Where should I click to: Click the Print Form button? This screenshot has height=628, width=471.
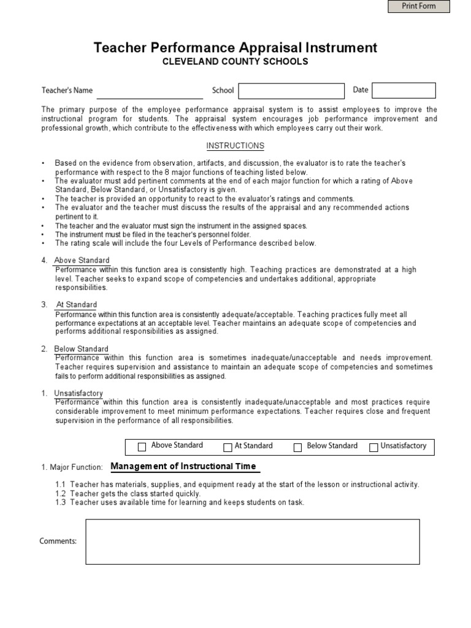pyautogui.click(x=419, y=6)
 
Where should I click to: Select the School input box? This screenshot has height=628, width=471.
pyautogui.click(x=291, y=91)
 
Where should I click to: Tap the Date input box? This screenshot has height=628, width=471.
pyautogui.click(x=404, y=91)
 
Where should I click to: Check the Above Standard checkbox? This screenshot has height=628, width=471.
pyautogui.click(x=142, y=447)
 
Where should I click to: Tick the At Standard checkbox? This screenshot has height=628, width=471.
pyautogui.click(x=228, y=447)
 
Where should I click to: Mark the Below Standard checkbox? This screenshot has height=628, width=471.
pyautogui.click(x=298, y=447)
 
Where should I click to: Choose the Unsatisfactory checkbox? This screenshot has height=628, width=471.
pyautogui.click(x=373, y=447)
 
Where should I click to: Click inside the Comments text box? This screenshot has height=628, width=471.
pyautogui.click(x=252, y=542)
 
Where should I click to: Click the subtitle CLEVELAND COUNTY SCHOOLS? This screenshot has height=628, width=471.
pyautogui.click(x=235, y=62)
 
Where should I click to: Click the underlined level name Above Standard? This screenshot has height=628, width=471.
pyautogui.click(x=82, y=261)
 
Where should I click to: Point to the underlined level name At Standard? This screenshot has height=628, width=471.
pyautogui.click(x=77, y=305)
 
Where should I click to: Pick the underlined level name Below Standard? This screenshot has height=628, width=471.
pyautogui.click(x=82, y=349)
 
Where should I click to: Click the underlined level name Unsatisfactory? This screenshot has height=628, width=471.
pyautogui.click(x=78, y=393)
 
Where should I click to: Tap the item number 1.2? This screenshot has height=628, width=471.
pyautogui.click(x=60, y=494)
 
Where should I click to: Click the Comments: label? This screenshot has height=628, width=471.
pyautogui.click(x=58, y=541)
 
